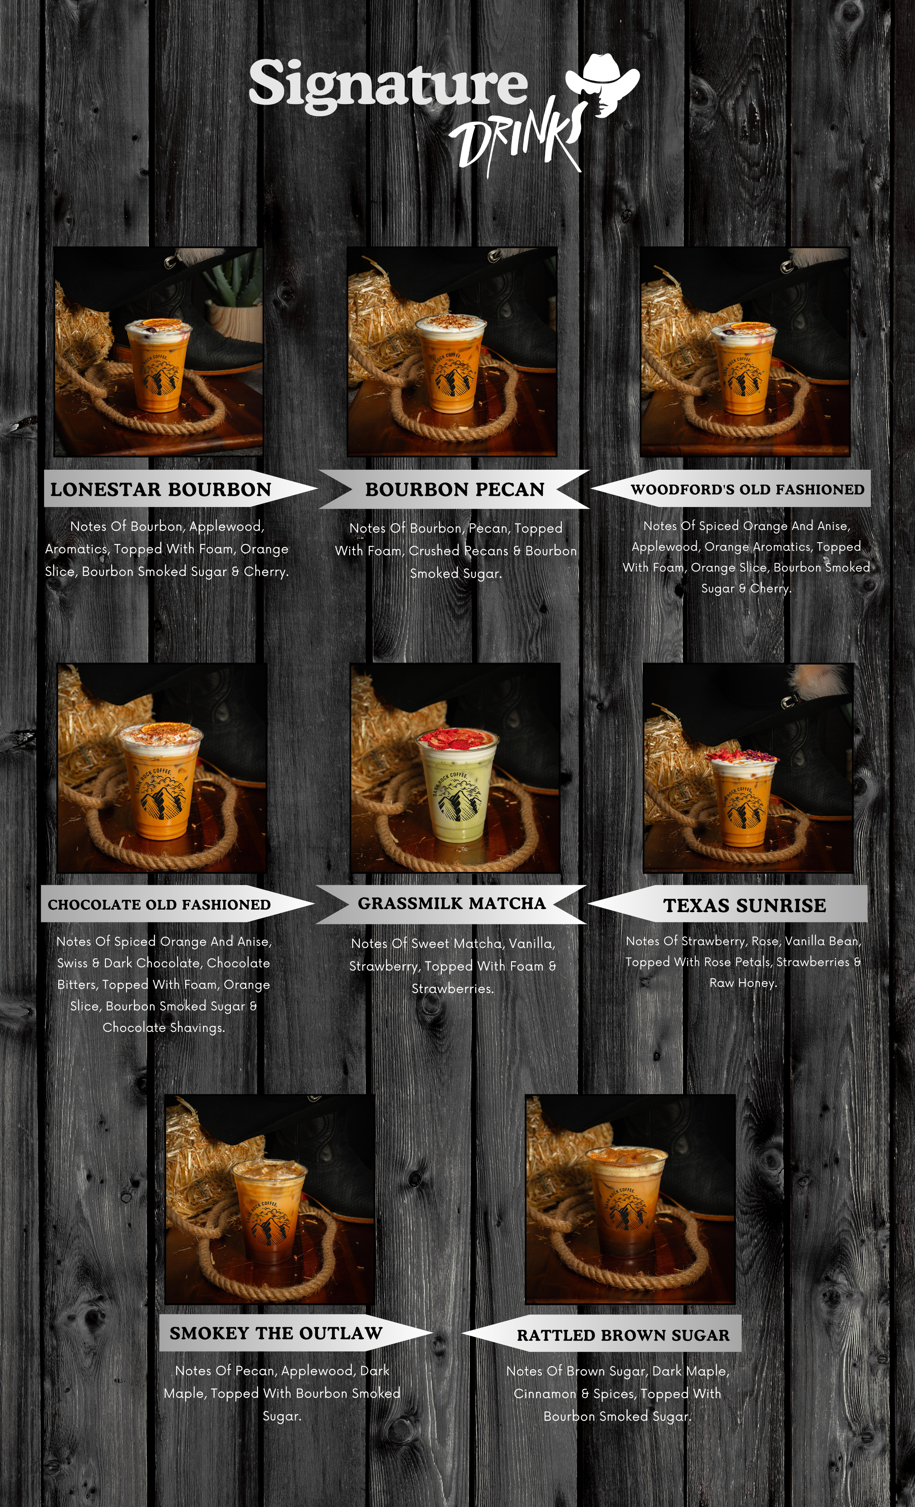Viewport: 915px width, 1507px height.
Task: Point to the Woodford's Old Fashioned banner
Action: coord(731,489)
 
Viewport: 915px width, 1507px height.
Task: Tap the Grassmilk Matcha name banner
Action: coord(451,903)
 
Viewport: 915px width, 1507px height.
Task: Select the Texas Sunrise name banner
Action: coord(728,904)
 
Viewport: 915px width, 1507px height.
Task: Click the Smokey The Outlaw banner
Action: coord(296,1333)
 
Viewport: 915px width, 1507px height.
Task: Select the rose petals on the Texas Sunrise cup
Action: coord(742,756)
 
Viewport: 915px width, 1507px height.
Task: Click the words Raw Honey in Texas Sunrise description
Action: coord(743,983)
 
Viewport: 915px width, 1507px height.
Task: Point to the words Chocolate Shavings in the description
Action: coord(164,1028)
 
